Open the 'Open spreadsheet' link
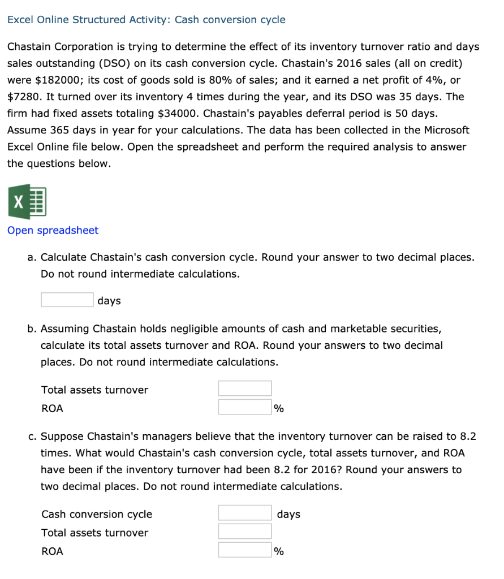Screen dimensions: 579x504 [53, 230]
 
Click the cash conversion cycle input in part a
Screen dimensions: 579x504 [67, 300]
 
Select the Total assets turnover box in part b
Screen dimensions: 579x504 [244, 388]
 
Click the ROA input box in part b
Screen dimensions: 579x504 [244, 407]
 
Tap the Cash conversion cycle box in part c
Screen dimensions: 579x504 [244, 513]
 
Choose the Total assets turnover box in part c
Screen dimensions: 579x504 [244, 532]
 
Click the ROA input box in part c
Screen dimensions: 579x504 [244, 550]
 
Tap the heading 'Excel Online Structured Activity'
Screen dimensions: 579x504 [86, 20]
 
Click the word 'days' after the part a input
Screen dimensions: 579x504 [109, 301]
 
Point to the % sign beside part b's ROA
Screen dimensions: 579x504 [279, 409]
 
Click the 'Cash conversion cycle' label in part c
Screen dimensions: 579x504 [97, 514]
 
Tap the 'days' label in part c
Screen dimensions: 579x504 [288, 514]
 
